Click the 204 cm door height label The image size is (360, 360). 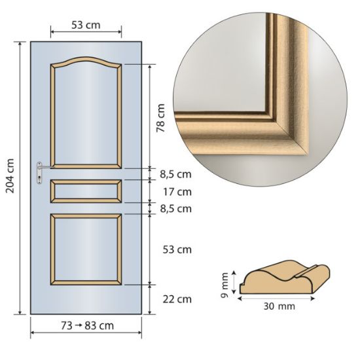coord(10,176)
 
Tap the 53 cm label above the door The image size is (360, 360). coord(86,25)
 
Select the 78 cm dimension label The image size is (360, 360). coord(160,118)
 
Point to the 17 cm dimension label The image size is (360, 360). coord(177,192)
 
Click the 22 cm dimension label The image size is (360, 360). coord(177,299)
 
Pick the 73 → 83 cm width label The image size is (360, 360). coord(87,325)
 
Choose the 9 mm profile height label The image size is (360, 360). coord(225,285)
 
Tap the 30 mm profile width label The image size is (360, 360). coord(279,306)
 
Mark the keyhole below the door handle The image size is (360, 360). coord(40,178)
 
